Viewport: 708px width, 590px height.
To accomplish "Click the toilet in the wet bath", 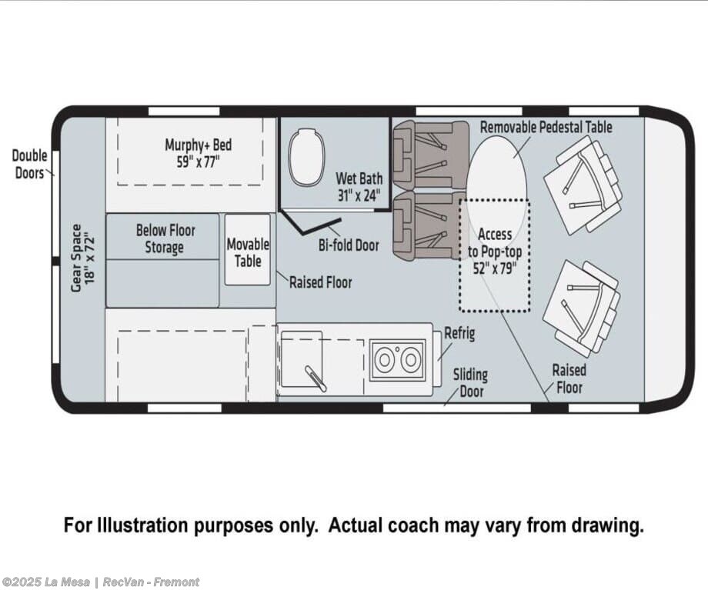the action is tap(307, 157).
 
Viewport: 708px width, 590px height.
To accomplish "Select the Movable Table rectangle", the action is tap(248, 250).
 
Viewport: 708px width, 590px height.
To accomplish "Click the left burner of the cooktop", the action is tap(384, 360).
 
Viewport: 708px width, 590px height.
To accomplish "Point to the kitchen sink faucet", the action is tap(316, 378).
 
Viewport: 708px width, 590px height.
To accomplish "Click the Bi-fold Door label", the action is tap(349, 245).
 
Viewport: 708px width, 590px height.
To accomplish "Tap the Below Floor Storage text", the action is tap(165, 238).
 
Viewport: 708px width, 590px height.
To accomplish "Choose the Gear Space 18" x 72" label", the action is tap(83, 258).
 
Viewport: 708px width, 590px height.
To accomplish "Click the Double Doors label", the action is tap(29, 165).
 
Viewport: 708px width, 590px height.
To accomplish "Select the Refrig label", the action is tap(459, 334).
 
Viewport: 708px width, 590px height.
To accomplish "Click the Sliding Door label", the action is tap(470, 383).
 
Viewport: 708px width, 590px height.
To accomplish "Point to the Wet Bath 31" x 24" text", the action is tap(359, 187).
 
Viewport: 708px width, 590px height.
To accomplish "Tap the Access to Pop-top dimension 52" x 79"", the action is tap(495, 268).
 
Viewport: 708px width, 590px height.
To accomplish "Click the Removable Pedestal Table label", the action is tap(546, 127).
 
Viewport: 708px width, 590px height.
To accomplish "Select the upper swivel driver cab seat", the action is tap(583, 185).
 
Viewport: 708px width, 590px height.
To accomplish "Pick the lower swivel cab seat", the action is tap(582, 308).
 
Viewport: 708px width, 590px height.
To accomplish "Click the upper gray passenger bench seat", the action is tap(430, 155).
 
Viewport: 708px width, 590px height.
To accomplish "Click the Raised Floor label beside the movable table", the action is tap(321, 282).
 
